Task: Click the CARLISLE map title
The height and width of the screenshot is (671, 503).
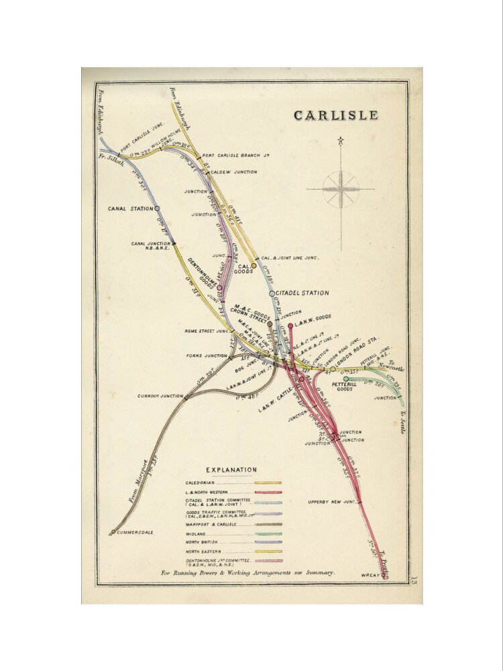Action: point(335,115)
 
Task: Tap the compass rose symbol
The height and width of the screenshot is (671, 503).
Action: point(341,189)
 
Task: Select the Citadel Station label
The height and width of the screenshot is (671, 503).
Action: point(302,293)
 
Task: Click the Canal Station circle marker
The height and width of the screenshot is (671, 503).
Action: point(157,209)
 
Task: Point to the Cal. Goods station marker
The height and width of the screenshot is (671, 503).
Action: point(254,266)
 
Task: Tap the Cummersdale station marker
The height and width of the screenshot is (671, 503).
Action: point(113,532)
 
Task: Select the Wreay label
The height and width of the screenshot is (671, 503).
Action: point(371,575)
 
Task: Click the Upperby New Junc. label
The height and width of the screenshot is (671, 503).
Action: point(331,502)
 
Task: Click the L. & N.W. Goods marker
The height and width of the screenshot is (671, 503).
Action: point(290,326)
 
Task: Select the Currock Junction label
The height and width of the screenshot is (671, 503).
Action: point(160,396)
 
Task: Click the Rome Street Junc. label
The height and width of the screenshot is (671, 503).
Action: point(207,331)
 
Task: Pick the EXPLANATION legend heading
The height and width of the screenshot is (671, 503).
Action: point(231,470)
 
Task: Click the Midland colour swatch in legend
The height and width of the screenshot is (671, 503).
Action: point(268,533)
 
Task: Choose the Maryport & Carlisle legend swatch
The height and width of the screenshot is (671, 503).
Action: point(268,524)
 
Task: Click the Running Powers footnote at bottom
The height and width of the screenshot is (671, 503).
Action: point(248,573)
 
